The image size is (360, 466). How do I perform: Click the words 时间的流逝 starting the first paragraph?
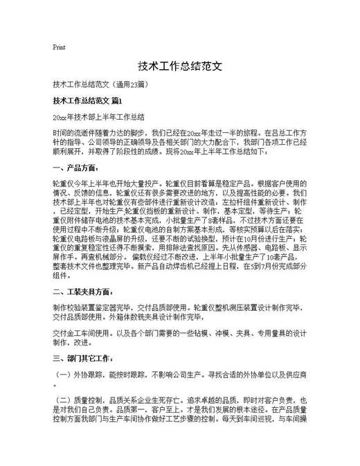71,132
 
